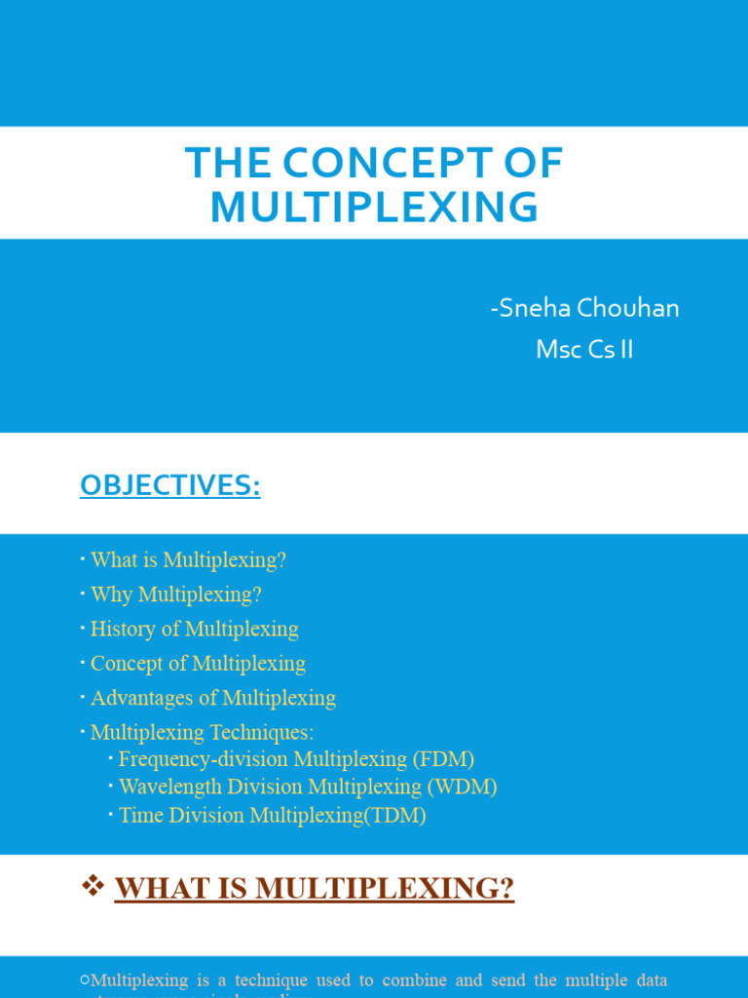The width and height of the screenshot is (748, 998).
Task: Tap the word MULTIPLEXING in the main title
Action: tap(374, 207)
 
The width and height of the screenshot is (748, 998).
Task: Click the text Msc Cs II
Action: tap(584, 350)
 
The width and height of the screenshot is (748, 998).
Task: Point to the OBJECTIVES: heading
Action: tap(169, 485)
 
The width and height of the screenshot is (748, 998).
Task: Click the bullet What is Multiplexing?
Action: tap(188, 560)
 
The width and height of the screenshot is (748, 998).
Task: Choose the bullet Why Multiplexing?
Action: tap(175, 595)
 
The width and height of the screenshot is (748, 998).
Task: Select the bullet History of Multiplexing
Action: tap(194, 629)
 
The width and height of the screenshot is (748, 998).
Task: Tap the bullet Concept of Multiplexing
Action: tap(198, 664)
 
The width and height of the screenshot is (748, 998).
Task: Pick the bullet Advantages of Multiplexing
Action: tap(212, 698)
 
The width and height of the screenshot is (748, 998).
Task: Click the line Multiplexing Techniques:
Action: tap(202, 732)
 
